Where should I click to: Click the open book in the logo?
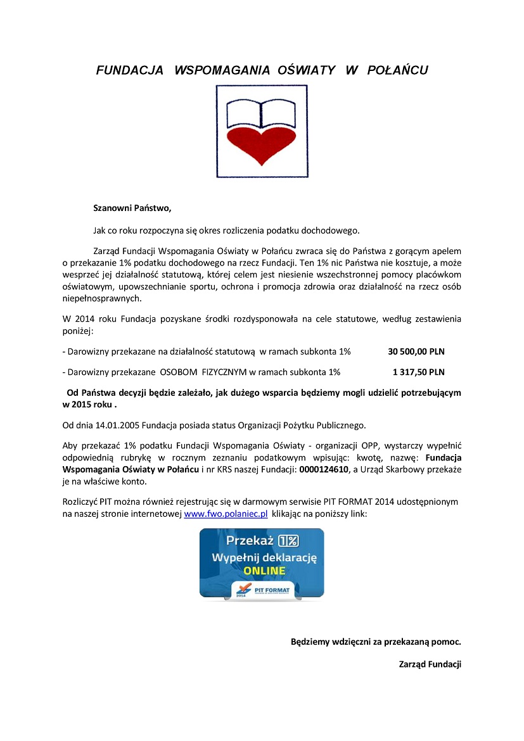pos(261,115)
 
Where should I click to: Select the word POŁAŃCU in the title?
pos(397,70)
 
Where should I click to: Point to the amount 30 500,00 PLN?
pos(416,350)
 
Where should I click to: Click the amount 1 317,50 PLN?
pos(419,372)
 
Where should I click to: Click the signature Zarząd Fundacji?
pos(430,664)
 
